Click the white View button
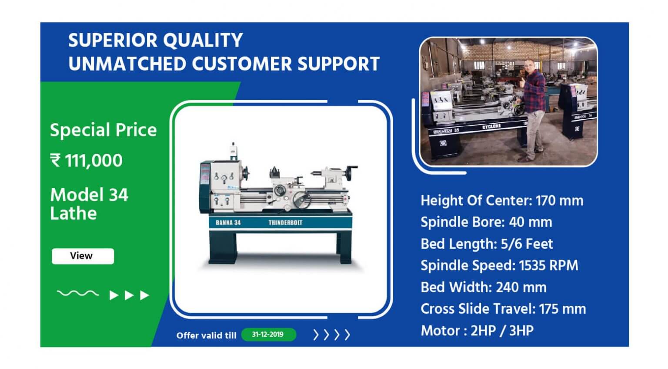click(83, 256)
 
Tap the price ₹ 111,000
click(86, 160)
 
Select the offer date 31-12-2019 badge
click(268, 334)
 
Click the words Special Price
click(103, 130)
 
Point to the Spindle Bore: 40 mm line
click(486, 222)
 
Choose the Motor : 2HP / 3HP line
click(477, 331)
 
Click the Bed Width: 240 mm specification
click(484, 288)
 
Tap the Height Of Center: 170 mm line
click(502, 200)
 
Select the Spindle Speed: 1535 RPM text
click(499, 266)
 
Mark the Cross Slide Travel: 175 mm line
click(503, 309)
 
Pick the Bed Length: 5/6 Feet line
click(487, 244)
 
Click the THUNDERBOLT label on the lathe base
click(285, 223)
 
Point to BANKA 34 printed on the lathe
click(228, 223)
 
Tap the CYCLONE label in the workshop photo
click(491, 127)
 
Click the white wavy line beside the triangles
click(78, 293)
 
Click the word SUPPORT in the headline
click(338, 64)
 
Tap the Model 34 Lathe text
click(89, 204)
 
